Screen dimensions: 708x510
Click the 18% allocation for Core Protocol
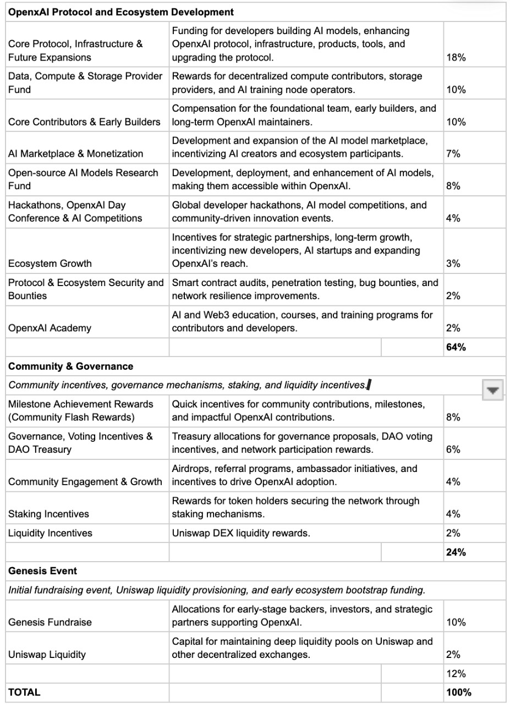[456, 57]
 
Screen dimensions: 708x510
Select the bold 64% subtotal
[456, 347]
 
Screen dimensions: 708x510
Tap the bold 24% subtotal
[456, 552]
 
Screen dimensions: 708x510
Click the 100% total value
[459, 693]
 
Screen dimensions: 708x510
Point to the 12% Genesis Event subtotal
[456, 673]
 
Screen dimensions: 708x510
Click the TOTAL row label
[24, 693]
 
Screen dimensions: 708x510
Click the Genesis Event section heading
[43, 571]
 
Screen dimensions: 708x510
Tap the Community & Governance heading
[70, 366]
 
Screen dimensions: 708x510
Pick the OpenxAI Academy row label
[50, 328]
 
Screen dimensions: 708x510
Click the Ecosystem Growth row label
[50, 264]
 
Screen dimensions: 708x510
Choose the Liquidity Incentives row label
[50, 533]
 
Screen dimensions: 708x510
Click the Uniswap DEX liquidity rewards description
[241, 533]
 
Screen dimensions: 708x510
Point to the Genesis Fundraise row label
[50, 622]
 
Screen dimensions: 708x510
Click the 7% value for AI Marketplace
[453, 154]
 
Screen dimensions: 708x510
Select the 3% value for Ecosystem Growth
[453, 264]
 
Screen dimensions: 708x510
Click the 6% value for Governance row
[453, 449]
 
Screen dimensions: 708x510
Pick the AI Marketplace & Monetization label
[75, 154]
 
